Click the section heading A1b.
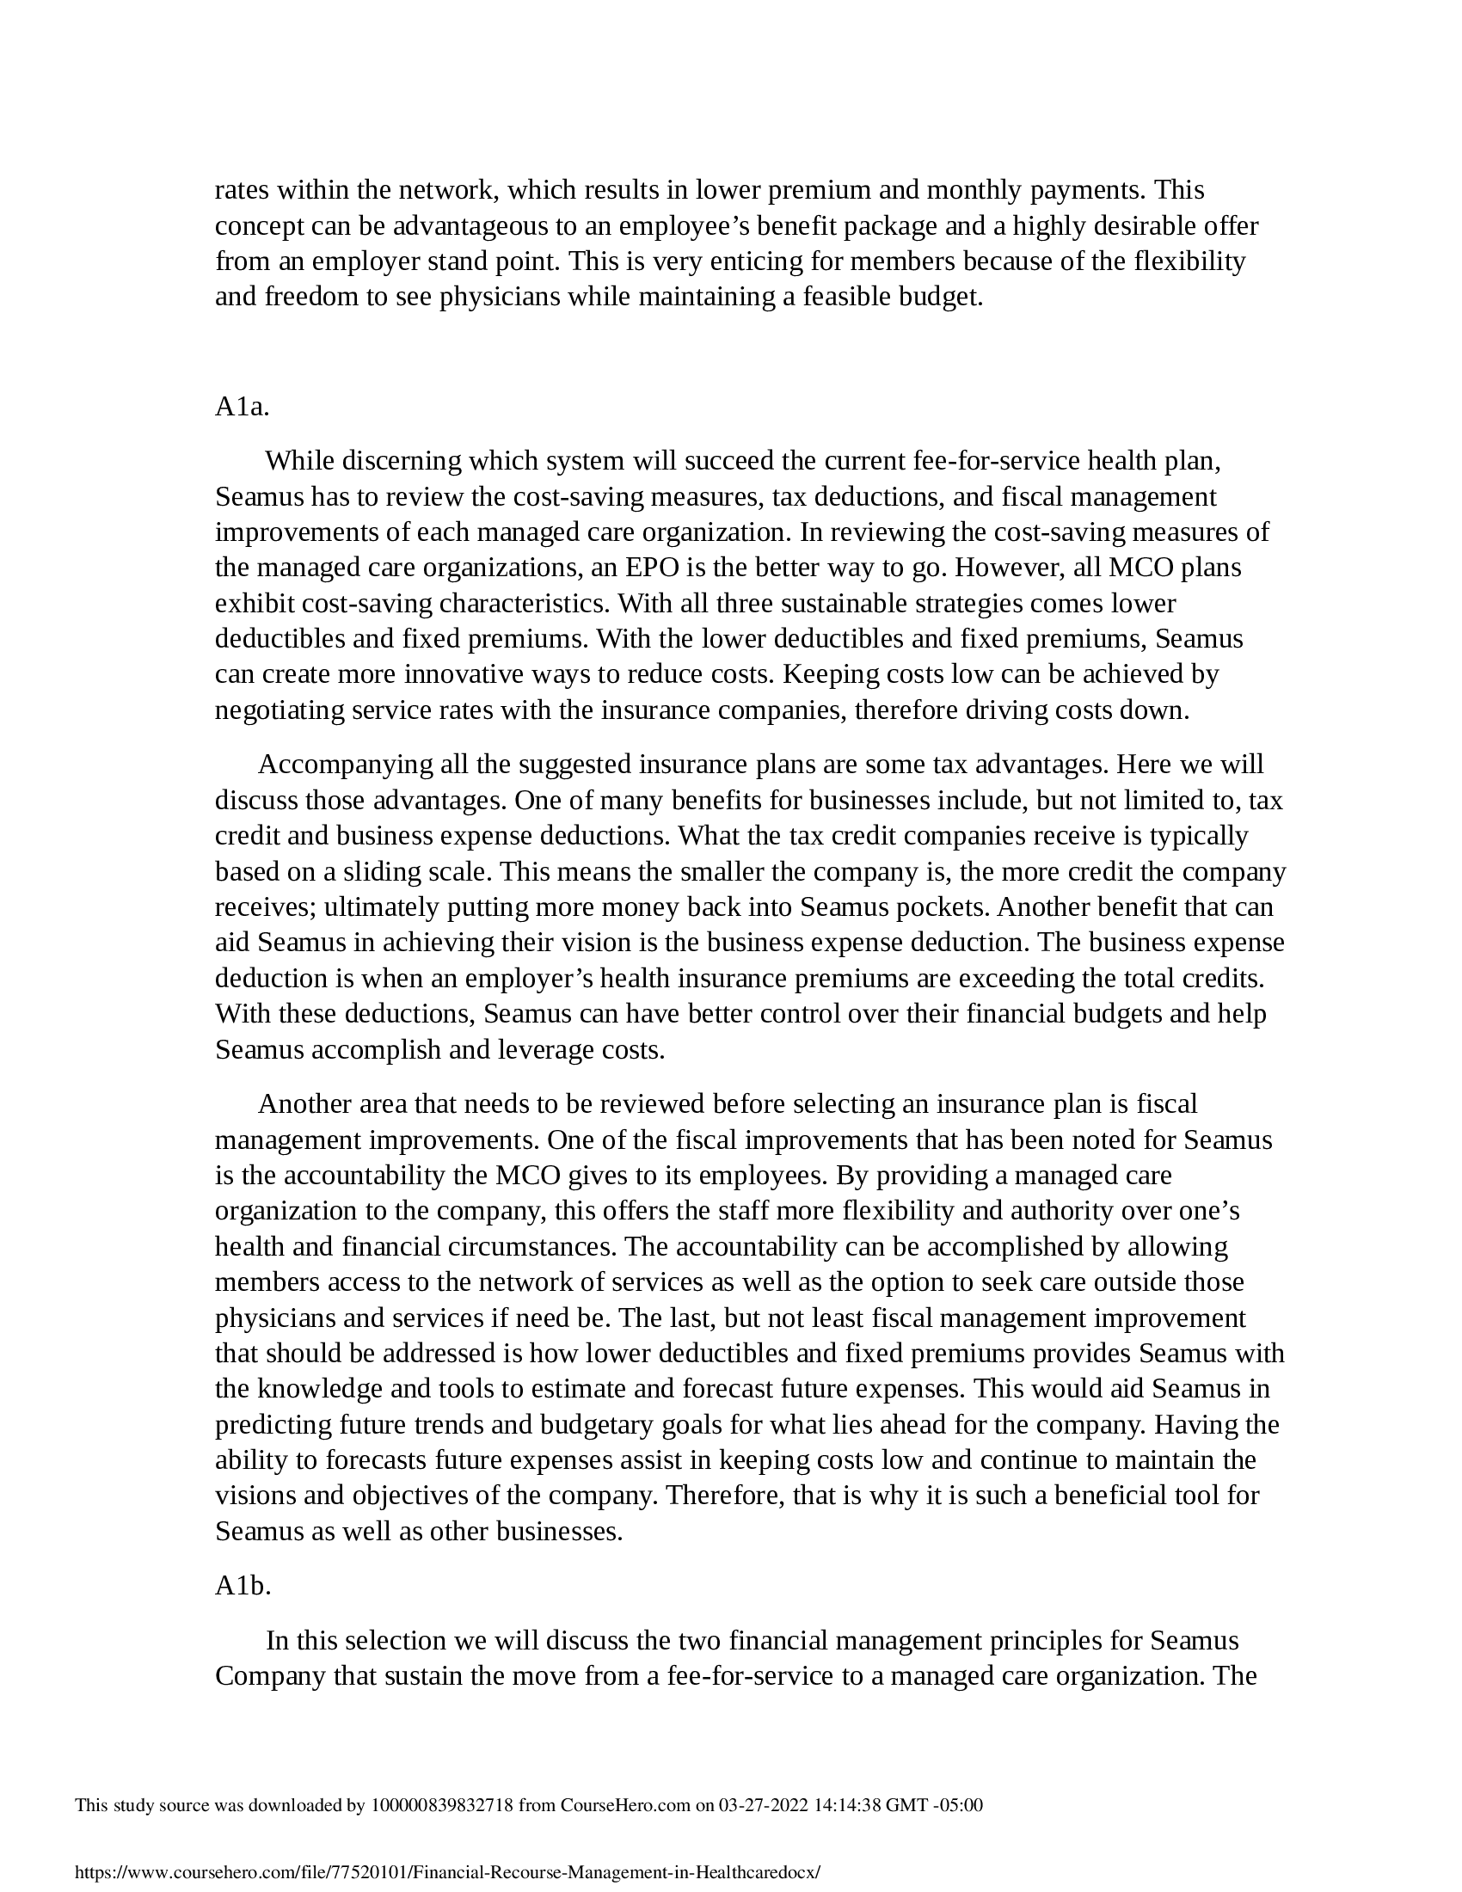pos(243,1585)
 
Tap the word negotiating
pos(279,710)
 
